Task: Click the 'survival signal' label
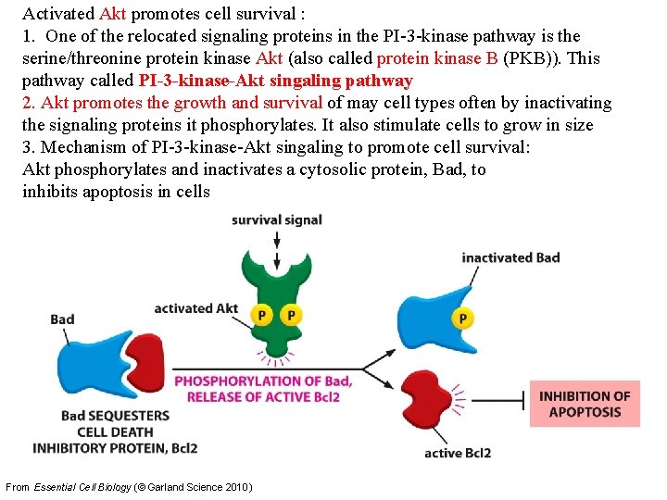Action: (276, 220)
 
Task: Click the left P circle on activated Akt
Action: (262, 316)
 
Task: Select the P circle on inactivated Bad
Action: (461, 319)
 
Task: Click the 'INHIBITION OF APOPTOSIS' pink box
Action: (585, 404)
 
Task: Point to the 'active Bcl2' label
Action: (457, 453)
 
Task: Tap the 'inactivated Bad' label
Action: (510, 257)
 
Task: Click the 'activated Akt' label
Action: (195, 308)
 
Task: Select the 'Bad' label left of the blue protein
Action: (62, 319)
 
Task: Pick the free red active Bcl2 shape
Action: (432, 405)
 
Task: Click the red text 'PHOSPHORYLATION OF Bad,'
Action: (263, 381)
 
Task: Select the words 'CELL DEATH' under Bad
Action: (115, 431)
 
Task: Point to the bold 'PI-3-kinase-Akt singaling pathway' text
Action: (275, 81)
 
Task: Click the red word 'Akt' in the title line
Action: (113, 14)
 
